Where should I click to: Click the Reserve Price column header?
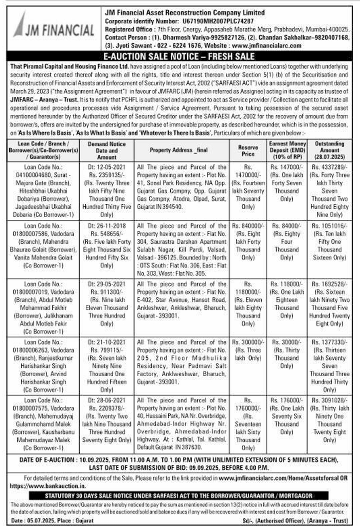coord(248,150)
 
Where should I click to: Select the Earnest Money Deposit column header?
coord(286,150)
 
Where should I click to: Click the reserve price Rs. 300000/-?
coord(248,342)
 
